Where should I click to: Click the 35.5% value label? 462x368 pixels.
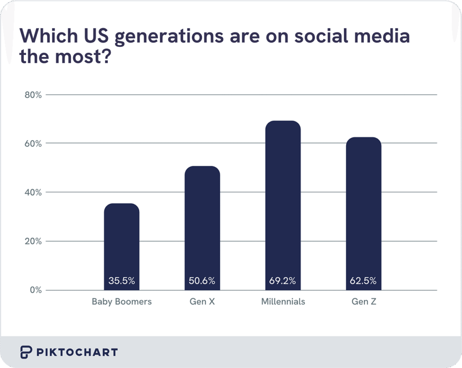coord(121,281)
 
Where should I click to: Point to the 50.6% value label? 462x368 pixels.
coord(202,281)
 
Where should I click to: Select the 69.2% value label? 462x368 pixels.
coord(283,281)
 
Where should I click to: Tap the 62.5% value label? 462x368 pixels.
coord(363,281)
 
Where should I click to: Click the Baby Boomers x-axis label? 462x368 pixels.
coord(121,302)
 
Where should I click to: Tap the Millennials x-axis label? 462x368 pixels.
coord(283,302)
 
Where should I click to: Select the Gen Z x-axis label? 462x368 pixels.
coord(364,302)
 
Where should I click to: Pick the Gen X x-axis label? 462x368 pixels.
coord(202,302)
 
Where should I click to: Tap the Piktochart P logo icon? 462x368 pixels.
coord(26,352)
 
